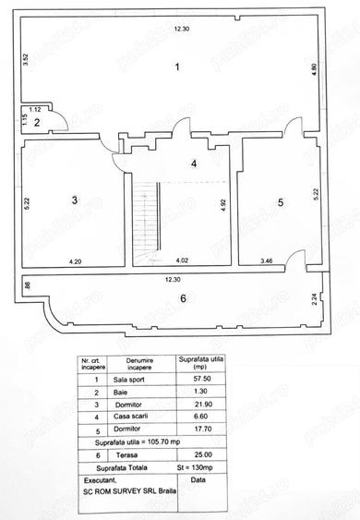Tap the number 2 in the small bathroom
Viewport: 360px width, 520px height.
pos(36,122)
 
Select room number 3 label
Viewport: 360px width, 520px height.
pos(73,200)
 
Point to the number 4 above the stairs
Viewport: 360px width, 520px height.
pos(193,164)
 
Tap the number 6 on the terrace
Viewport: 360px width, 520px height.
pos(183,297)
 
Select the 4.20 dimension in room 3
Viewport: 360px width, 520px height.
pos(73,261)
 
